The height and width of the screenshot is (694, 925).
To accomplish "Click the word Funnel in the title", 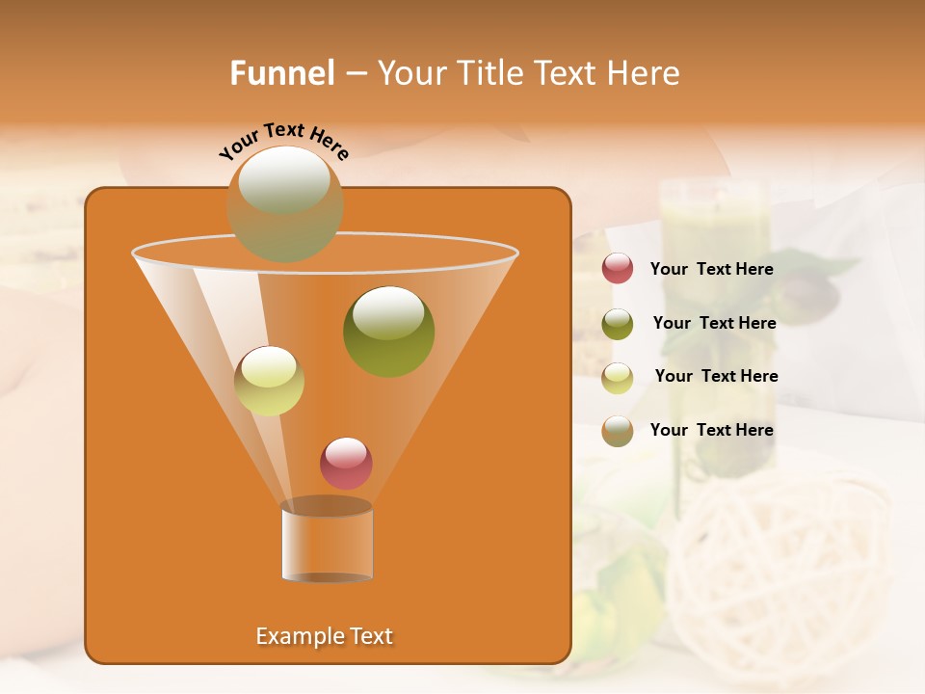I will (x=281, y=73).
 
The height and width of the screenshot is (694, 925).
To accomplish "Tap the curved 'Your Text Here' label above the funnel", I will (x=283, y=142).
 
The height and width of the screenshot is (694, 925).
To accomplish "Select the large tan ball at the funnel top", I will (x=285, y=203).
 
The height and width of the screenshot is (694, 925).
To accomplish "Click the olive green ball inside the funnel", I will (x=388, y=331).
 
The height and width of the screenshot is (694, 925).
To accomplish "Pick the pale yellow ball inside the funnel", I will (x=269, y=381).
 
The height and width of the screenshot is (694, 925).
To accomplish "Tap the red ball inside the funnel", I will (x=346, y=463).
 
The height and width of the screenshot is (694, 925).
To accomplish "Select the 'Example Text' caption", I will (x=325, y=636).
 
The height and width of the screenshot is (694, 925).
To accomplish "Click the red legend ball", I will (x=618, y=269).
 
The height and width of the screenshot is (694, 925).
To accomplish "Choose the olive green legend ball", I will (x=618, y=324).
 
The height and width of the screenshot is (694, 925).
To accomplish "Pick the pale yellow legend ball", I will (x=618, y=378).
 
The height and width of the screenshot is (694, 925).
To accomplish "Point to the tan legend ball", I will (x=618, y=431).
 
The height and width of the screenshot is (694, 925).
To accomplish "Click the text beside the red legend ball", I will (x=711, y=270).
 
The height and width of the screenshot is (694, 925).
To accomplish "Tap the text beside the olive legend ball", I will (x=714, y=324).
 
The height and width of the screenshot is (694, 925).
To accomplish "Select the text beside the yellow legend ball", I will (x=716, y=377).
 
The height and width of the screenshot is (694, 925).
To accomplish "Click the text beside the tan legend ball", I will (x=711, y=431).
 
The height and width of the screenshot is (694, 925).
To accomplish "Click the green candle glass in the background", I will (x=713, y=231).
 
